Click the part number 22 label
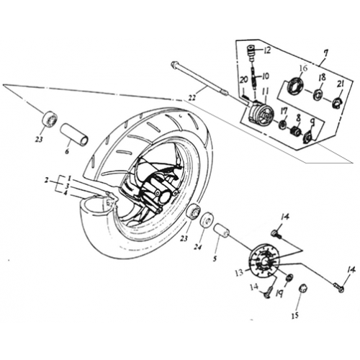click(x=192, y=98)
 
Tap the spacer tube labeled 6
click(x=74, y=134)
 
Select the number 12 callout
click(x=267, y=50)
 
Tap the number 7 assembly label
click(x=326, y=53)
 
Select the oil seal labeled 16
click(x=295, y=84)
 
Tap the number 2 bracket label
click(x=47, y=180)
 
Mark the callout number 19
click(x=279, y=293)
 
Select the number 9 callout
click(x=312, y=123)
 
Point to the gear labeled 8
click(x=295, y=132)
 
